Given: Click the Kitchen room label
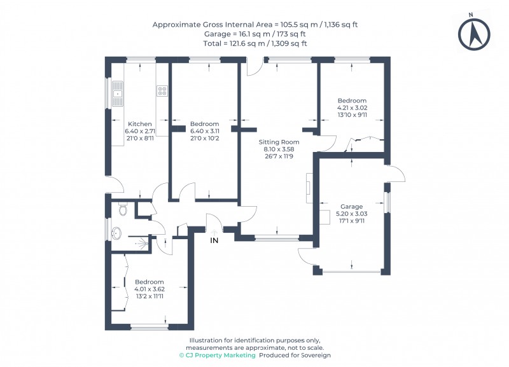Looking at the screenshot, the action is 139,124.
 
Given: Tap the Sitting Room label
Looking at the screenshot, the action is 279,142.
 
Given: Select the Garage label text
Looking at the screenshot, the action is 352,207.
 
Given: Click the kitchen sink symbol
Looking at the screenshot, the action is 117,94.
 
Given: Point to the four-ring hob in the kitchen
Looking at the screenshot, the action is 162,91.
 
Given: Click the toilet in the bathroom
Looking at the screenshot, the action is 123,209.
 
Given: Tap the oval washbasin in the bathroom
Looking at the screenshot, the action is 116,233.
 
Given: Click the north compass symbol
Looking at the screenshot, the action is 474,34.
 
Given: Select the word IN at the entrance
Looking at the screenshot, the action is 214,240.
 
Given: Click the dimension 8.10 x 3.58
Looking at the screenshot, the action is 279,149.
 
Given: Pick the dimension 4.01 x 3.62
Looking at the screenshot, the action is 150,289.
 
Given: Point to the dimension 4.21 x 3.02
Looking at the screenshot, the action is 352,107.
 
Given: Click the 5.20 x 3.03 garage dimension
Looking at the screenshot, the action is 352,214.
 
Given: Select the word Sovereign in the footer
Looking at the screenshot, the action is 316,356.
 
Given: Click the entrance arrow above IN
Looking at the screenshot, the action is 214,232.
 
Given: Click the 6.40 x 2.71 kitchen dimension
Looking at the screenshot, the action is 140,131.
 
